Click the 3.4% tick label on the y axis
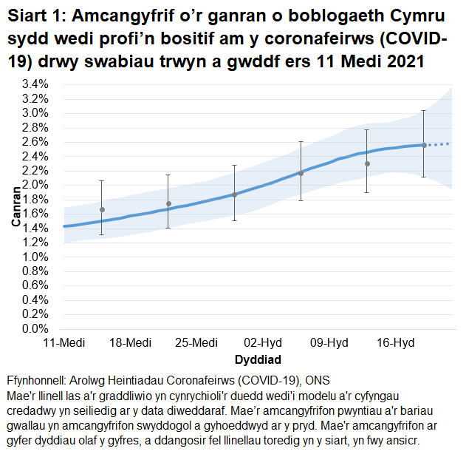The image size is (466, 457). [x=35, y=84]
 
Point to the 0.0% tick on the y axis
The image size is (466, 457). [x=35, y=329]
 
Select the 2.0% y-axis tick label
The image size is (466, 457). [x=35, y=185]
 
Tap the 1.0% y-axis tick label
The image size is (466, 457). [x=35, y=257]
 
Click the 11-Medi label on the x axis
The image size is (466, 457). [x=64, y=343]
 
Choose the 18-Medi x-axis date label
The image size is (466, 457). [x=131, y=343]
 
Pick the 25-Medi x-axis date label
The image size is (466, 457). [x=197, y=343]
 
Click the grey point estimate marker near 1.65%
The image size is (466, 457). [x=102, y=210]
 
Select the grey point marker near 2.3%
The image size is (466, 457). [x=367, y=163]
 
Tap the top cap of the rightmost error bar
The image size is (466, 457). [x=423, y=110]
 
